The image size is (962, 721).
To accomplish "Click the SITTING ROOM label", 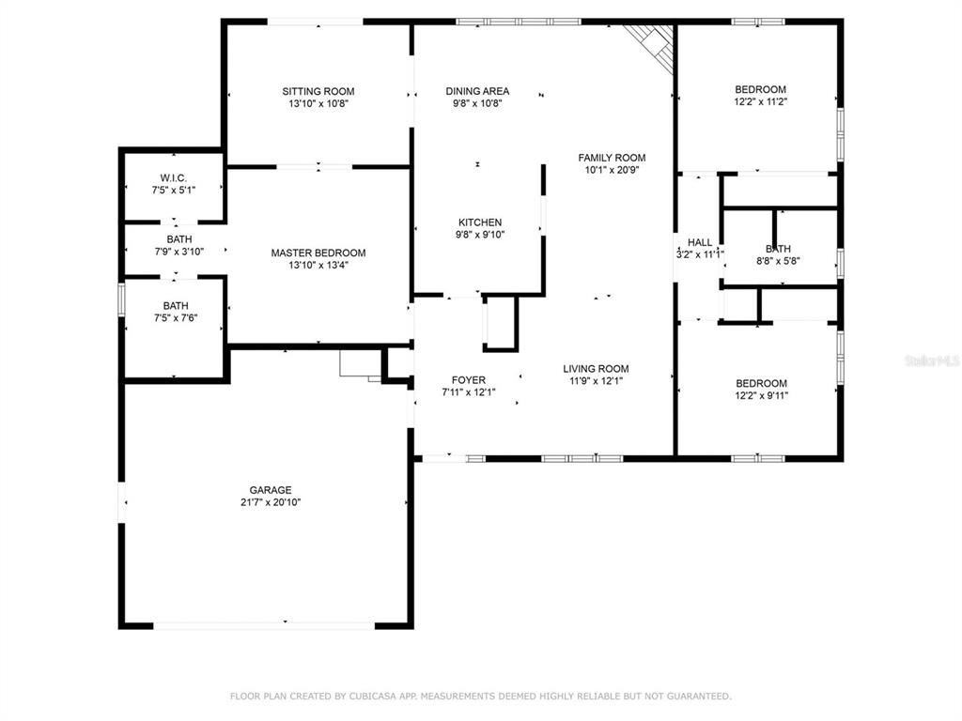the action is pyautogui.click(x=318, y=91).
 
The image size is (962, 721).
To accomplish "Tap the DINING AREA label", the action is pyautogui.click(x=477, y=91).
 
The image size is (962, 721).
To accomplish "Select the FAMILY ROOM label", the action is pyautogui.click(x=612, y=158).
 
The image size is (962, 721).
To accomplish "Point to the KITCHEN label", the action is pyautogui.click(x=480, y=222).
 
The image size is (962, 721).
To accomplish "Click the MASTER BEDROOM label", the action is pyautogui.click(x=318, y=253).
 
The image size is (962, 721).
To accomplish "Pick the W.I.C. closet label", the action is pyautogui.click(x=174, y=177).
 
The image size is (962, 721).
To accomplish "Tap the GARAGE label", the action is pyautogui.click(x=271, y=490).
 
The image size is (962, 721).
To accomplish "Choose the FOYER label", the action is pyautogui.click(x=469, y=380).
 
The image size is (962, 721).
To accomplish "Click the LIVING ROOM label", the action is pyautogui.click(x=596, y=368).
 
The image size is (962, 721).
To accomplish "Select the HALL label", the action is pyautogui.click(x=700, y=242).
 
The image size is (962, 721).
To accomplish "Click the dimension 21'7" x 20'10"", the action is pyautogui.click(x=271, y=502).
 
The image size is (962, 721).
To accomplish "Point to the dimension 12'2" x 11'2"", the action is pyautogui.click(x=761, y=101).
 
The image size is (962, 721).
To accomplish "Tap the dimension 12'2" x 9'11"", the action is pyautogui.click(x=761, y=395).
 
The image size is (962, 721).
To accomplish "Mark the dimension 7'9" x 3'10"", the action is pyautogui.click(x=179, y=252).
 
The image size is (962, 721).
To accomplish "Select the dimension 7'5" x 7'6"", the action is pyautogui.click(x=176, y=317).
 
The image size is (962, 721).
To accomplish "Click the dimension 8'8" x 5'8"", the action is pyautogui.click(x=778, y=261).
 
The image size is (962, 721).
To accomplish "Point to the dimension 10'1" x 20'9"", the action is pyautogui.click(x=612, y=170).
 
